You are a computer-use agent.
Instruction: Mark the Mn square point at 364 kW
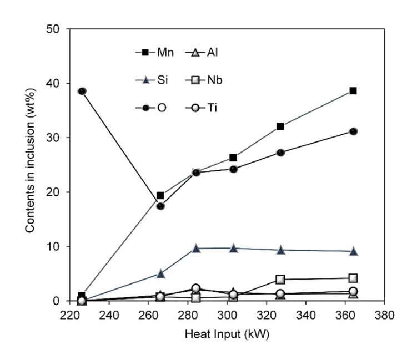353,91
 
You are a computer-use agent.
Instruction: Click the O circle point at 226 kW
82,91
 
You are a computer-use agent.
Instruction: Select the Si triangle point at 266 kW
160,273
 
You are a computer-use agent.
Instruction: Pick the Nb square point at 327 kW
280,280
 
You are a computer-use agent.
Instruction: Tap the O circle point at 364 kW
353,131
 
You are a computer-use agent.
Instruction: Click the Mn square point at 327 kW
280,126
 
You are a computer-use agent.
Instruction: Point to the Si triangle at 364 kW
353,251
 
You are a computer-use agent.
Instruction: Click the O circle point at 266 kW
160,206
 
